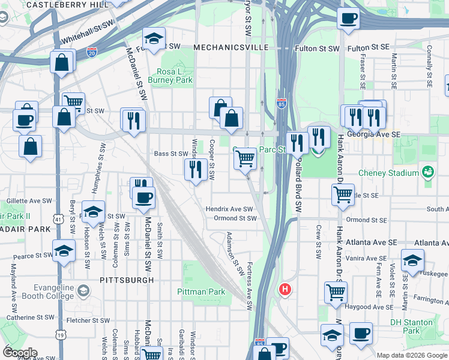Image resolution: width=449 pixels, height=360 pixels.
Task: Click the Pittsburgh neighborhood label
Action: (127, 280)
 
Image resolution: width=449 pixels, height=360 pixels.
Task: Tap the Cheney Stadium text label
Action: (388, 173)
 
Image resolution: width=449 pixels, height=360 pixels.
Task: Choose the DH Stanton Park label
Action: (411, 326)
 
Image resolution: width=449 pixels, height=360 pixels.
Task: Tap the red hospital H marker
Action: (285, 289)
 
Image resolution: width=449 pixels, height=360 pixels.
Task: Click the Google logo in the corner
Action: (20, 353)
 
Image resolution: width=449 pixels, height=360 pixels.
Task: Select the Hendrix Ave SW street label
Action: (230, 209)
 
